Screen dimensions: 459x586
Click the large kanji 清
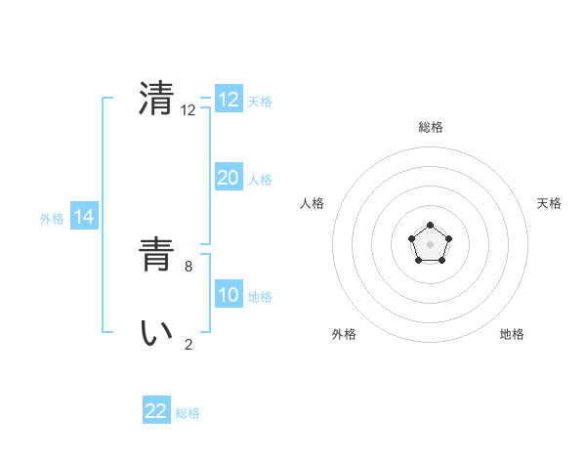tap(156, 99)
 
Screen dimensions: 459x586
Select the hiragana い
tap(156, 333)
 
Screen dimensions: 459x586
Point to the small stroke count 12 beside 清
tap(188, 110)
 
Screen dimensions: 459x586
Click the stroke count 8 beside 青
tap(188, 265)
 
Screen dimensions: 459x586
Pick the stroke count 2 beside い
tap(188, 343)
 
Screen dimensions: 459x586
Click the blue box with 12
tap(229, 100)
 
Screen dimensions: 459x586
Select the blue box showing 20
tap(229, 178)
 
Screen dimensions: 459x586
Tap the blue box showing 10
tap(229, 295)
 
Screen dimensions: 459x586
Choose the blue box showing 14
tap(84, 217)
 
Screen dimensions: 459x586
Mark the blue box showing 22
tap(156, 411)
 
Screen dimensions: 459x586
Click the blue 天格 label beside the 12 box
tap(260, 101)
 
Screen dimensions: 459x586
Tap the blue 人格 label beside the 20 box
tap(260, 179)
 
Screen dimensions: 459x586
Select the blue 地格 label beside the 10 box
tap(260, 296)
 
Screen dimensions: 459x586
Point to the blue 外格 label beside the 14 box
tap(52, 219)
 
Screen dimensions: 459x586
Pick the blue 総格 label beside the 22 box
tap(188, 412)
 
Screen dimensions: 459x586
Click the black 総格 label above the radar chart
tap(430, 127)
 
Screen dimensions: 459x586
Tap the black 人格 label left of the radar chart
tap(313, 203)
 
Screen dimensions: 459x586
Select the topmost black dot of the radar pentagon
tap(430, 226)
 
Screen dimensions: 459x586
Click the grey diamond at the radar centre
tap(430, 244)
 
